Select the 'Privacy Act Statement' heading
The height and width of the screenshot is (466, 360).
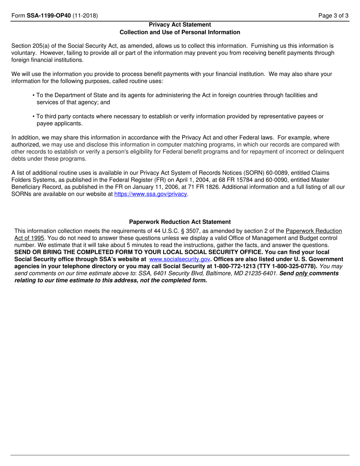pyautogui.click(x=180, y=25)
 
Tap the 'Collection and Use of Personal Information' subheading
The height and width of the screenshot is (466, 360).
pyautogui.click(x=180, y=32)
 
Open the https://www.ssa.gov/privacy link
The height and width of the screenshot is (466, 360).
pyautogui.click(x=151, y=194)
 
